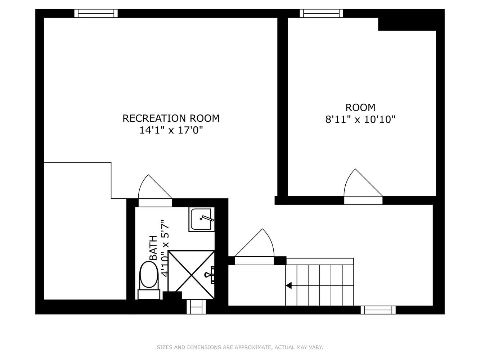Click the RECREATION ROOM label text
tap(171, 118)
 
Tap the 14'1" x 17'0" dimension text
tap(171, 130)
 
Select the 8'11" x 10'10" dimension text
tap(360, 119)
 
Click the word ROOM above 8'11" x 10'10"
tap(360, 107)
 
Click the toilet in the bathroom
tap(149, 275)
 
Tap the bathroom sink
tap(202, 219)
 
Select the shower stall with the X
tap(191, 271)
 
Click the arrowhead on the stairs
tap(289, 285)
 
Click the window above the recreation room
tap(96, 13)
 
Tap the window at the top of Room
tap(321, 13)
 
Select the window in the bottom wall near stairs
tap(378, 310)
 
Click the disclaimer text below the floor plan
tap(240, 347)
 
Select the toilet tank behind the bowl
tap(149, 294)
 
